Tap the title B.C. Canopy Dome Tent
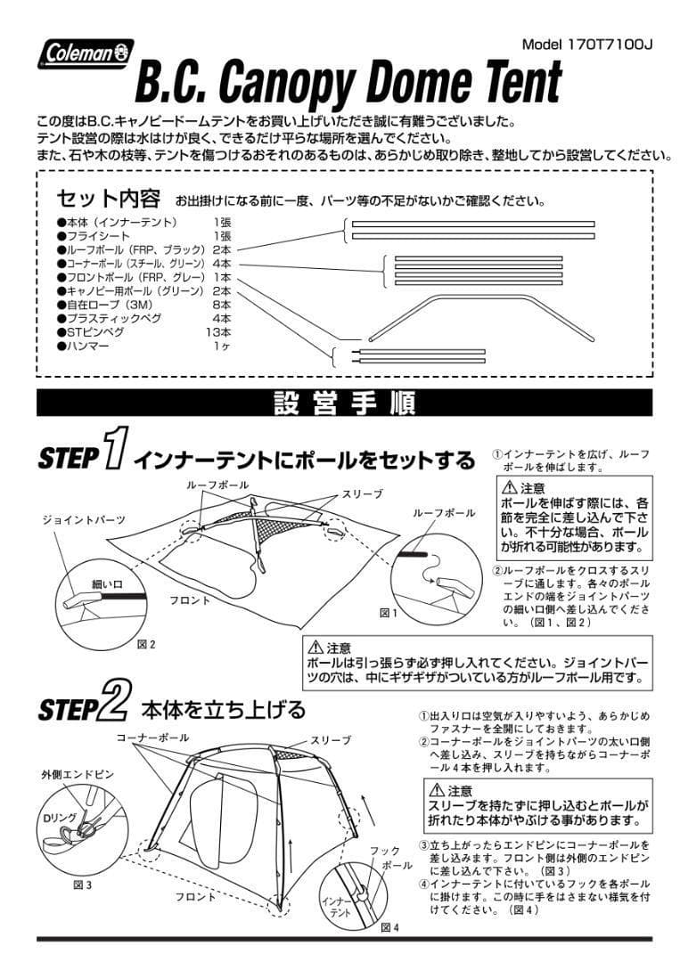[x=348, y=83]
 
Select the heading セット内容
[x=108, y=197]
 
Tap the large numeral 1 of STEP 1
[x=114, y=449]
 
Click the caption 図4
[x=389, y=927]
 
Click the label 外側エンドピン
[x=78, y=775]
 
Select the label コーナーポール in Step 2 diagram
[x=152, y=738]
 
